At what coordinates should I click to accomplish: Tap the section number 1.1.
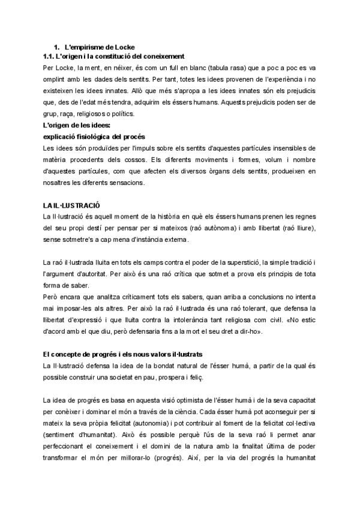50,56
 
